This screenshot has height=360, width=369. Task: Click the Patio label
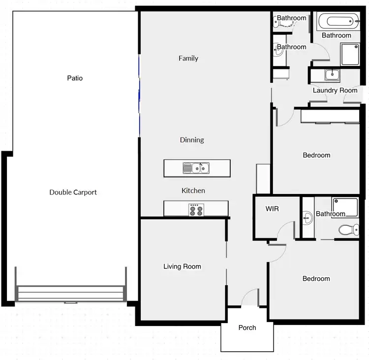(x=75, y=78)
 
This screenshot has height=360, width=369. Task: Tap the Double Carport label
(x=73, y=192)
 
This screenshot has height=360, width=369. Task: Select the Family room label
(x=188, y=58)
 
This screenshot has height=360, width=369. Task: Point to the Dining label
(x=191, y=140)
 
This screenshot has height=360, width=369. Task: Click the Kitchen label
(x=193, y=191)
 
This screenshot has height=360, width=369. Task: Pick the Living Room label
(x=182, y=266)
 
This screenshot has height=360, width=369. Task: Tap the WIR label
(x=272, y=209)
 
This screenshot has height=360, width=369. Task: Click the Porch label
(x=247, y=327)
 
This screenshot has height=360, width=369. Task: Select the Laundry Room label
(x=335, y=90)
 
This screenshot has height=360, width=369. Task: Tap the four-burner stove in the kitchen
(x=196, y=210)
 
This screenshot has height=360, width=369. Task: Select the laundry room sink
(x=332, y=75)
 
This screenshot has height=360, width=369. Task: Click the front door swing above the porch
(x=251, y=297)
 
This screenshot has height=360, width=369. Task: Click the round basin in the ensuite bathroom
(x=307, y=217)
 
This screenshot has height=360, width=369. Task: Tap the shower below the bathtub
(x=350, y=54)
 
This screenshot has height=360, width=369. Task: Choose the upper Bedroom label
(x=316, y=155)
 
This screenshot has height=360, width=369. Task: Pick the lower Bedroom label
(x=316, y=279)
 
